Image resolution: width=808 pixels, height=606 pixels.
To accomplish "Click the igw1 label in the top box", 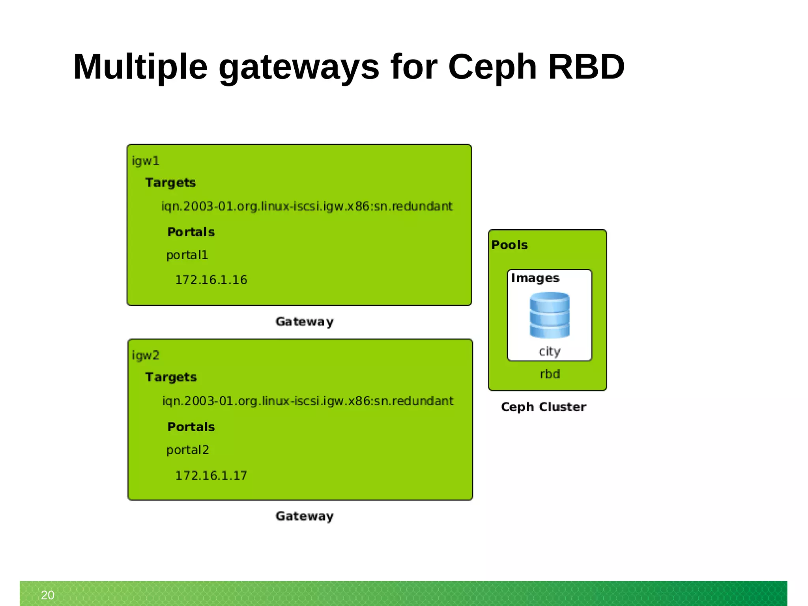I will click(146, 161).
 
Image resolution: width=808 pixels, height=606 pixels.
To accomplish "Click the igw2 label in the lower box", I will click(146, 355).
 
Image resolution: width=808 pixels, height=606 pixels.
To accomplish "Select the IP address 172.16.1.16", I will click(211, 280).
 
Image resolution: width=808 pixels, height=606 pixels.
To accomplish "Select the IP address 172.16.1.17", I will click(211, 475).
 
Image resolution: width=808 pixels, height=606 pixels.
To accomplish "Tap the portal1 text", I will click(187, 255).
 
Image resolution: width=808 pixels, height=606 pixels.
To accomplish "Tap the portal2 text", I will click(187, 450).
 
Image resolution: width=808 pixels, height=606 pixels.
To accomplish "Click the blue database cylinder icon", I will click(549, 315).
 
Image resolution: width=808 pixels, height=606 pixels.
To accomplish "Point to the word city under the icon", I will click(549, 351).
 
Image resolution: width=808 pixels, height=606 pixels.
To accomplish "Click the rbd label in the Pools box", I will click(550, 374).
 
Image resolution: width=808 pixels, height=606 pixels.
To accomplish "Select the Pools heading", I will click(509, 245).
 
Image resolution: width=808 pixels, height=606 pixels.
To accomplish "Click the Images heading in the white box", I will click(535, 278).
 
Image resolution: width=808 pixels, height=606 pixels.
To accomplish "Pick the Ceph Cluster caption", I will click(543, 407).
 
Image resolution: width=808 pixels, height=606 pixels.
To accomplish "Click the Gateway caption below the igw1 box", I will click(305, 322).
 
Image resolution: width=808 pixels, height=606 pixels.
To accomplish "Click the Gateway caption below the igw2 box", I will click(305, 516).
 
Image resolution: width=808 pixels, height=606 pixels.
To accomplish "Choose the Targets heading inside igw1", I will click(170, 183).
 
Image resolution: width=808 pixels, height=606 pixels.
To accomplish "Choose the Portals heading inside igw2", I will click(191, 427).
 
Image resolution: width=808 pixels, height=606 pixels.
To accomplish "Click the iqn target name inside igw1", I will click(307, 206).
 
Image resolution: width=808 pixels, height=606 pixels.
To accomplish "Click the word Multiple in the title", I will click(140, 67).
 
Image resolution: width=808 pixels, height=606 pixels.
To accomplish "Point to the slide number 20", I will click(48, 595).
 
